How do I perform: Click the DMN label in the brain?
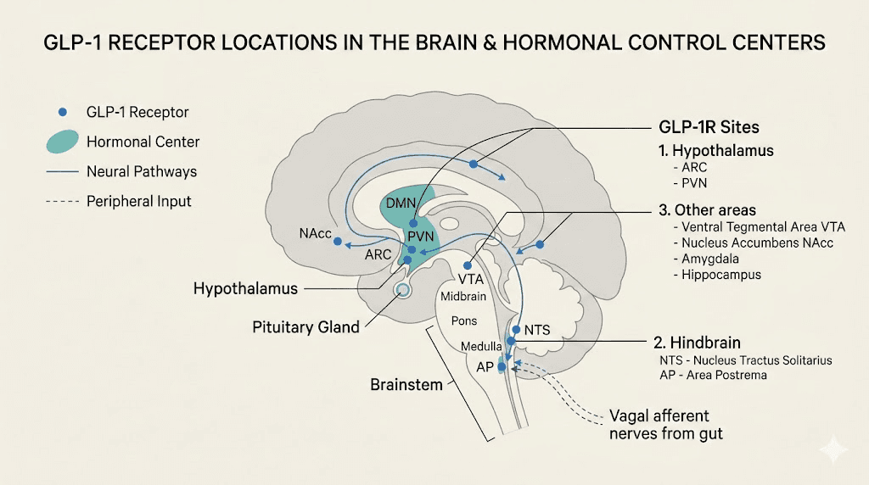point(401,203)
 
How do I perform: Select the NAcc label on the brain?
point(314,233)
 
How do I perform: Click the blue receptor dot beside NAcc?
point(338,242)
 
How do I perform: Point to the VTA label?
point(470,278)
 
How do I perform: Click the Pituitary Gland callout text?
point(306,326)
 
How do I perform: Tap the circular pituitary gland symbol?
point(404,291)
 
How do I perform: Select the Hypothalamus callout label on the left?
point(245,288)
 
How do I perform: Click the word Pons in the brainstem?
point(464,321)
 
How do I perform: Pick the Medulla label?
point(480,347)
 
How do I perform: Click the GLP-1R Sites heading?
point(709,127)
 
